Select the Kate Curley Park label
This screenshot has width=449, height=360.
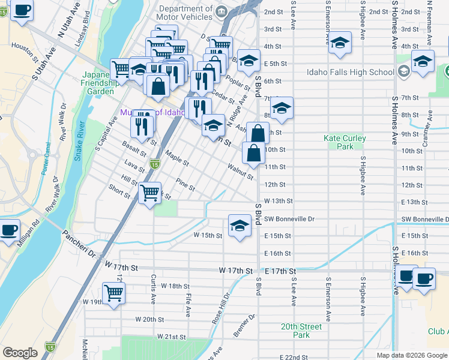pos(345,142)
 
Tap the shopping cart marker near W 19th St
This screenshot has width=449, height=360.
pos(113,293)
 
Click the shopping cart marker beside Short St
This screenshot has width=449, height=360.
pos(149,193)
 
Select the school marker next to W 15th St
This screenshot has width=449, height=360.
pos(240,226)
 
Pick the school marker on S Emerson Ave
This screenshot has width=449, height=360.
pos(340,43)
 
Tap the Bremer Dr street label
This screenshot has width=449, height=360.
pos(245,324)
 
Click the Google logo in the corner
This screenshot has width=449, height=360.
pos(20,353)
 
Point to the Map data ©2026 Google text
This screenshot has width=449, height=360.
pos(411,355)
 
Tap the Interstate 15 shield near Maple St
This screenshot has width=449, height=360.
pos(155,164)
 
